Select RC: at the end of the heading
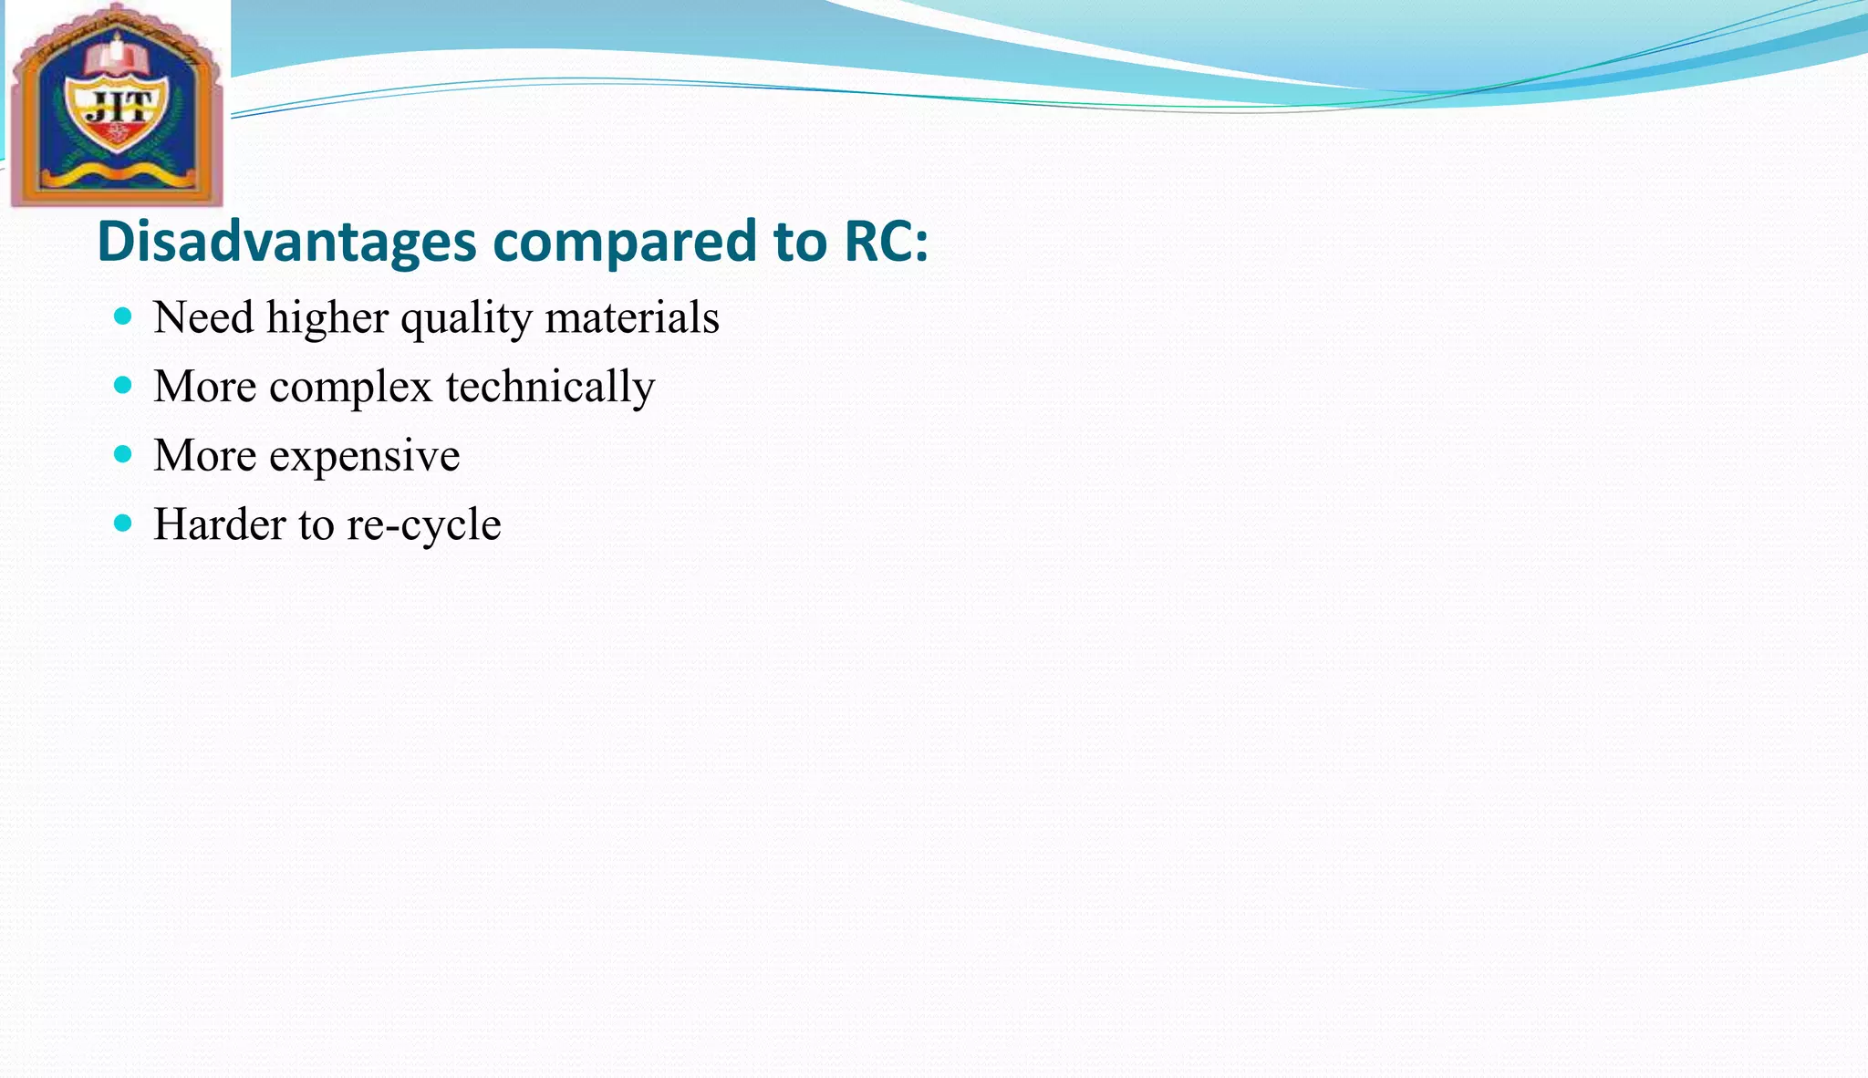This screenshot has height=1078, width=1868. click(886, 242)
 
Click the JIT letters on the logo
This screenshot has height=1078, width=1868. click(117, 109)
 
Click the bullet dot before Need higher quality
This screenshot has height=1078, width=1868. click(123, 316)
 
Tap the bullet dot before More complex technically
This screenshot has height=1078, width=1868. click(123, 385)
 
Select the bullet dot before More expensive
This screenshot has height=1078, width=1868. click(123, 453)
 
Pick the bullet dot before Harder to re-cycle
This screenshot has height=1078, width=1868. click(123, 523)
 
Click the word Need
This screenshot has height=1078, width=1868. click(203, 317)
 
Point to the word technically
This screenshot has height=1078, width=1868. click(550, 387)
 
